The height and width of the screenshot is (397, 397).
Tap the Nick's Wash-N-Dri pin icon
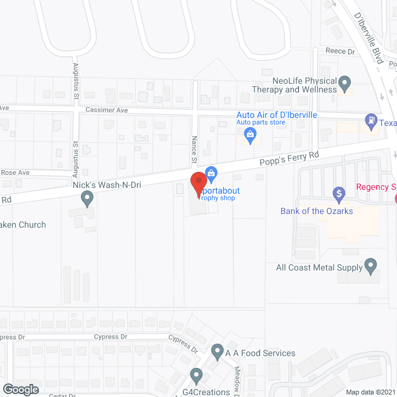pos(87,198)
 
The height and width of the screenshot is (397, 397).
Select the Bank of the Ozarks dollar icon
pos(339,194)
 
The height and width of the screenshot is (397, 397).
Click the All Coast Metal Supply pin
pos(371,267)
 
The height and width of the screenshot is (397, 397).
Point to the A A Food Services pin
pos(217,352)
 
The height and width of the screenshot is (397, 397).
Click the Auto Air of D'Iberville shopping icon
pos(251,135)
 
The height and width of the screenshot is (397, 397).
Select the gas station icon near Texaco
pos(370,122)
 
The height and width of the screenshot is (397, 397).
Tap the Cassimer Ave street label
pos(106,110)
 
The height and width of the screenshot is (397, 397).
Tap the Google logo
pos(20,389)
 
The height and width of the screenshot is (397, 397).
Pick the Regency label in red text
pos(376,187)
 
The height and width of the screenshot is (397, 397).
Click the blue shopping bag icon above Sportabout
pos(210,172)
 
